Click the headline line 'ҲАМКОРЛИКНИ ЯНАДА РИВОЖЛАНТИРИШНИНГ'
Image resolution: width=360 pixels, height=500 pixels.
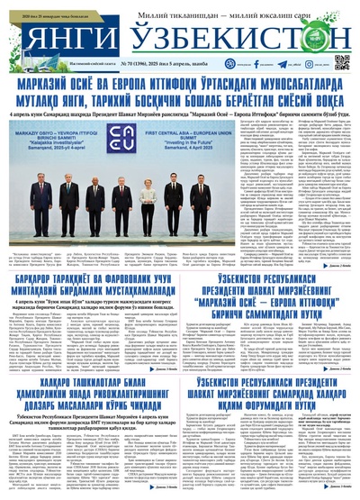[x=90, y=394]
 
